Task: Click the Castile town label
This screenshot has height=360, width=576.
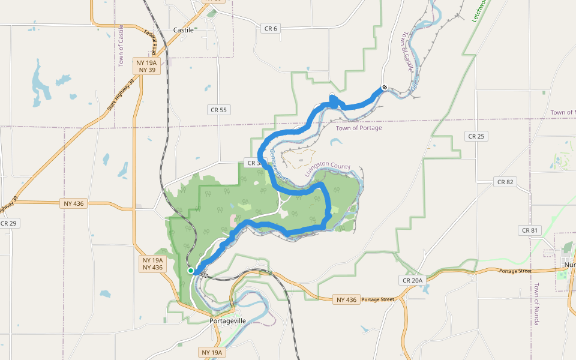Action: coord(184,29)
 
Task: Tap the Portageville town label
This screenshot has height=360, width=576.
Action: coord(228,321)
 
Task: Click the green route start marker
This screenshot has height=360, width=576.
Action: coord(191,271)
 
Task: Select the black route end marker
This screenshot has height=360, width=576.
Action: coord(384,88)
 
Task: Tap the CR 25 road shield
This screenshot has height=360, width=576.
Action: coord(476,136)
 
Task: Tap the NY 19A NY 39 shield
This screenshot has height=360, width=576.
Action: coord(146,66)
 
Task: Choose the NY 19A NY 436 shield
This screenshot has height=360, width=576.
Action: coord(152,264)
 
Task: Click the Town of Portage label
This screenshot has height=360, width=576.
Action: coord(358,128)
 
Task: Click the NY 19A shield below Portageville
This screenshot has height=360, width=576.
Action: coord(212,352)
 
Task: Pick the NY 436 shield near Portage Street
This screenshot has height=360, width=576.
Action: coord(346,299)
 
